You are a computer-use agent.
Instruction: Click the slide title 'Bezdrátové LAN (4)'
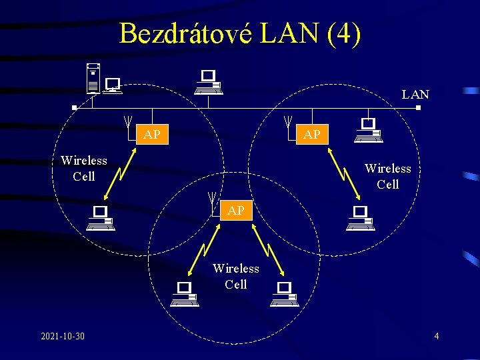coord(240,33)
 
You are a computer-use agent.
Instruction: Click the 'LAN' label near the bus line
coord(415,95)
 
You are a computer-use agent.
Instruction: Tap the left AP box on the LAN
coord(152,135)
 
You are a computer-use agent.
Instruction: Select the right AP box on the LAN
coord(311,135)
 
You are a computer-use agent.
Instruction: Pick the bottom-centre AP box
coord(236,210)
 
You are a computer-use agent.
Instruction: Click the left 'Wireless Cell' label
coord(84,168)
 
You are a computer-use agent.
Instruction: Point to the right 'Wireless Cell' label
coord(387,176)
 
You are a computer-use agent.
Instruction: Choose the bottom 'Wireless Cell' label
coord(236,276)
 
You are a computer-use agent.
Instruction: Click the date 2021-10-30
coord(63,335)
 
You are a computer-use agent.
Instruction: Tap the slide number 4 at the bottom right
coord(437,335)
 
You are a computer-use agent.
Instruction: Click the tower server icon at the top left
coord(93,78)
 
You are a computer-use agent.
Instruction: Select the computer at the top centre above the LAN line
coord(209,82)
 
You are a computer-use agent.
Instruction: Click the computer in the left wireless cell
coord(101,218)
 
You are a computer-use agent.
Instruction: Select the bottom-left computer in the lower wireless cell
coord(184,293)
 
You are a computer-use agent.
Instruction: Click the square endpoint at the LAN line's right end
coord(418,107)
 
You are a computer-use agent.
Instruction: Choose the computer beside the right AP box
coord(367,129)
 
